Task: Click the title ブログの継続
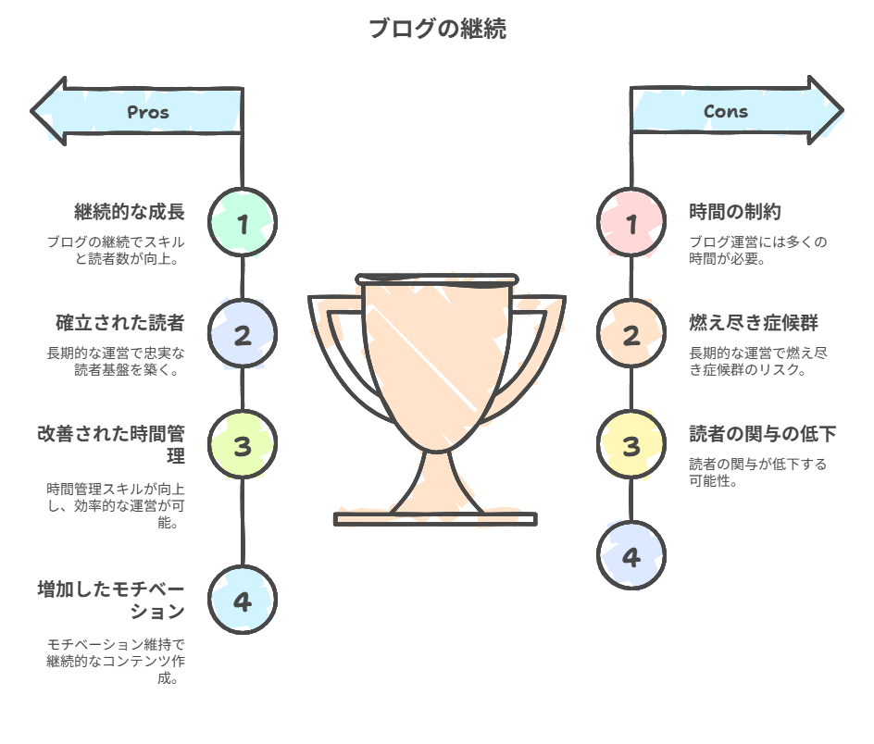[x=437, y=29]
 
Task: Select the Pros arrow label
[x=148, y=112]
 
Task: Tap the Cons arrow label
[x=726, y=111]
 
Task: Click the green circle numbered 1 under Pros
[x=243, y=223]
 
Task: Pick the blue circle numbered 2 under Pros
[x=243, y=335]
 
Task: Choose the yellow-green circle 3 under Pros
[x=243, y=446]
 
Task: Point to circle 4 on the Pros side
[x=243, y=601]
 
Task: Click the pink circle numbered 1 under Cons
[x=631, y=223]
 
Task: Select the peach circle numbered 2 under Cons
[x=631, y=335]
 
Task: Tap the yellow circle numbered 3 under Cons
[x=631, y=446]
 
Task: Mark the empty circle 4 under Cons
[x=631, y=557]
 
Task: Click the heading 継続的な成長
[x=130, y=212]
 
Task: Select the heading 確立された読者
[x=120, y=323]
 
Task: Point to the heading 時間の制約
[x=736, y=212]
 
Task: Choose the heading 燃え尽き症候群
[x=754, y=323]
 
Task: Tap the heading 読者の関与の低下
[x=763, y=434]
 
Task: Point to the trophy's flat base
[x=435, y=519]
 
